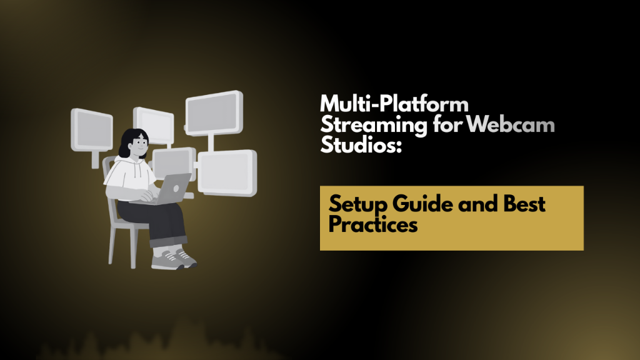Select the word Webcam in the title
[512, 125]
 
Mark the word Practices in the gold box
[373, 224]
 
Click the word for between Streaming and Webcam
[448, 125]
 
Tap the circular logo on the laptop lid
[177, 187]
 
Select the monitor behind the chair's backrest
[91, 129]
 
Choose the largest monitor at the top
[213, 112]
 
